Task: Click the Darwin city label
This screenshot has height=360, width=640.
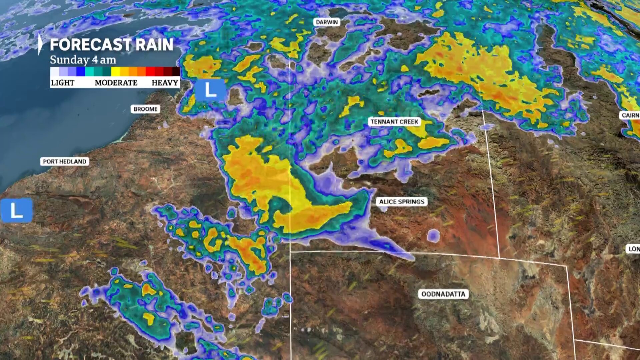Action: (x=327, y=22)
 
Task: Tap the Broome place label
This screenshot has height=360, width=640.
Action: (x=145, y=109)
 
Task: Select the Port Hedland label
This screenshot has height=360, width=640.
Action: (x=65, y=162)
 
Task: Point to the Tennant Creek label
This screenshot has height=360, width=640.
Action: (x=394, y=122)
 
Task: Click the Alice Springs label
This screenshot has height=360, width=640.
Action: (x=402, y=202)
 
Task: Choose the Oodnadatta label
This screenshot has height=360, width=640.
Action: (x=443, y=294)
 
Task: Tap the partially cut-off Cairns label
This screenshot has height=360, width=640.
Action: (x=630, y=115)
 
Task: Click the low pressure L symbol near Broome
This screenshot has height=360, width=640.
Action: (x=210, y=90)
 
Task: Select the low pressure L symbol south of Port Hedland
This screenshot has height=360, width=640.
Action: (x=17, y=210)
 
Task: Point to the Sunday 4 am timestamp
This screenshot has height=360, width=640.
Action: (x=83, y=60)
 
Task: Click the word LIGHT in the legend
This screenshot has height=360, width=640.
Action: (x=63, y=83)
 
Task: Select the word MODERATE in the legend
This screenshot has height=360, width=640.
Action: (x=116, y=83)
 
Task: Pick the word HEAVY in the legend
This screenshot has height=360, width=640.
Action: (x=165, y=83)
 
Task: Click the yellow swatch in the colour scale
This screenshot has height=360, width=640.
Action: (x=116, y=71)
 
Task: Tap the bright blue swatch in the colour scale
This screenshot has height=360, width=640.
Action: (x=81, y=71)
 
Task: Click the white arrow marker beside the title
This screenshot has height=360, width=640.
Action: (x=40, y=44)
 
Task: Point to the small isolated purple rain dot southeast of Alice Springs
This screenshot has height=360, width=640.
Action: (x=433, y=236)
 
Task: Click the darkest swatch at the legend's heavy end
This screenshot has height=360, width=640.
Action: (x=176, y=71)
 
